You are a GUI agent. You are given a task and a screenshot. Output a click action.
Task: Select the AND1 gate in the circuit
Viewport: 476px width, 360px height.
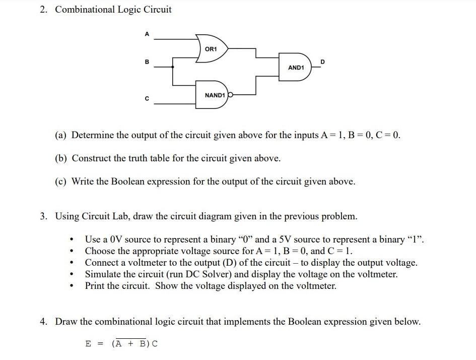(x=297, y=67)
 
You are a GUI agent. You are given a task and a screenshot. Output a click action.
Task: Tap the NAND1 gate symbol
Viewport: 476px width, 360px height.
(x=214, y=95)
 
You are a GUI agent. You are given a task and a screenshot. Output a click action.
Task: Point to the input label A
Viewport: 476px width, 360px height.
(x=147, y=34)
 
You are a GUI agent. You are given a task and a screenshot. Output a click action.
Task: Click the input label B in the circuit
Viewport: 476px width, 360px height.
(x=147, y=62)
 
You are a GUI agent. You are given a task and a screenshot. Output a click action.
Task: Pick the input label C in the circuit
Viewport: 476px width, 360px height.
(x=147, y=98)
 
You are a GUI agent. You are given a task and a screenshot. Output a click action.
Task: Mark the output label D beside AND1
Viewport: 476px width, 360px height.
(x=323, y=62)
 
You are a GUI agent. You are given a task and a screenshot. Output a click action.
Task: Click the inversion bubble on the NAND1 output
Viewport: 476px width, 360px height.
(x=231, y=94)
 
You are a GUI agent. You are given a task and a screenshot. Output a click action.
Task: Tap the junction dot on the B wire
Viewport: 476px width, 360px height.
(x=173, y=67)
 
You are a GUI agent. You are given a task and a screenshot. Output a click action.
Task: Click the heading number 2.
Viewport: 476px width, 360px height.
(x=44, y=10)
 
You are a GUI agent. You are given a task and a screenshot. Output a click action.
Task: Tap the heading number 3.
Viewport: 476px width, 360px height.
(x=44, y=216)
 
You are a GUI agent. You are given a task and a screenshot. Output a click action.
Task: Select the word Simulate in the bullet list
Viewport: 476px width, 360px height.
(x=103, y=274)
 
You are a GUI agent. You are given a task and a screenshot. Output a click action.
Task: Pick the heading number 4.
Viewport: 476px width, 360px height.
(x=44, y=322)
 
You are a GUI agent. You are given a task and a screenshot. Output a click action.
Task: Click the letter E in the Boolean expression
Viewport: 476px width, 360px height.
(x=88, y=344)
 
